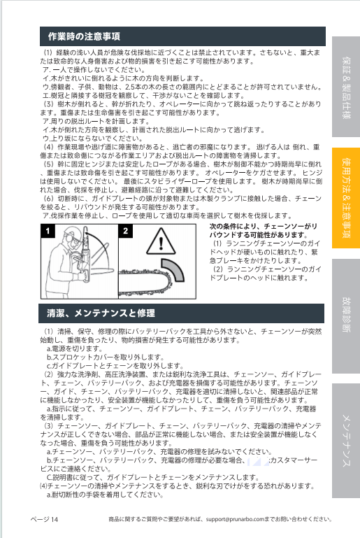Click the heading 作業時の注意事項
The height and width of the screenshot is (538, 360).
pyautogui.click(x=84, y=36)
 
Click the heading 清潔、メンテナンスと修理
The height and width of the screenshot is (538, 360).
pyautogui.click(x=101, y=313)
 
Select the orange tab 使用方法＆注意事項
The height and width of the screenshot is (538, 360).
pyautogui.click(x=346, y=198)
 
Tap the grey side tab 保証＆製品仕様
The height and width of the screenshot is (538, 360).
pyautogui.click(x=346, y=87)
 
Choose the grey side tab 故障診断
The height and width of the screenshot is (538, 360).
pyautogui.click(x=346, y=316)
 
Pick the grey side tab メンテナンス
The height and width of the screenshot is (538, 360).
pyautogui.click(x=346, y=441)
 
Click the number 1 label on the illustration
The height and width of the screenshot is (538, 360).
pyautogui.click(x=48, y=231)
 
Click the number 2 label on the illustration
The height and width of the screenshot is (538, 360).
pyautogui.click(x=126, y=231)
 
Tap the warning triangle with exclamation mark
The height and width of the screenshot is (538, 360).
pyautogui.click(x=161, y=241)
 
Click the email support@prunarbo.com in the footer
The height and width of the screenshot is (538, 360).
pyautogui.click(x=235, y=519)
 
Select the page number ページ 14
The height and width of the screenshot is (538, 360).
pyautogui.click(x=44, y=519)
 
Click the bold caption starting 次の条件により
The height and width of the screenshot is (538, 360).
pyautogui.click(x=264, y=231)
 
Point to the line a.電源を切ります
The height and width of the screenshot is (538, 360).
pyautogui.click(x=75, y=348)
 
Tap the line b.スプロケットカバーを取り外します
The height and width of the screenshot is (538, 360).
pyautogui.click(x=106, y=358)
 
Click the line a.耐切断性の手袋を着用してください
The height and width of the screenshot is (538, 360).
pyautogui.click(x=105, y=495)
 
